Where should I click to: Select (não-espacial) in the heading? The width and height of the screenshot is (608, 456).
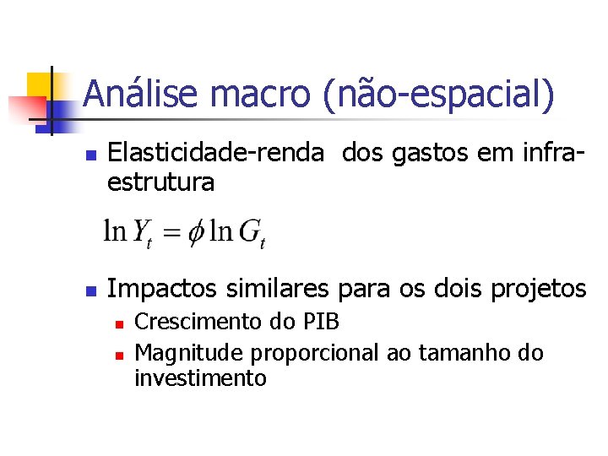[438, 94]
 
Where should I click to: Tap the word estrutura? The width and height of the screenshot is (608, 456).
[160, 181]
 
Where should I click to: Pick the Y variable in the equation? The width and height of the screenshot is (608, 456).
[141, 231]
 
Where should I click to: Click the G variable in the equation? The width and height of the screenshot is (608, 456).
[250, 231]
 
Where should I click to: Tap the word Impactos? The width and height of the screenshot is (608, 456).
[164, 289]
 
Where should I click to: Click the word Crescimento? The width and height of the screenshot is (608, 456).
[200, 323]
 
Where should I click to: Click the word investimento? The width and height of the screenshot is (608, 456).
[200, 378]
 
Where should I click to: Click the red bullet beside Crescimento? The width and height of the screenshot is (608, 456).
[120, 323]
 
